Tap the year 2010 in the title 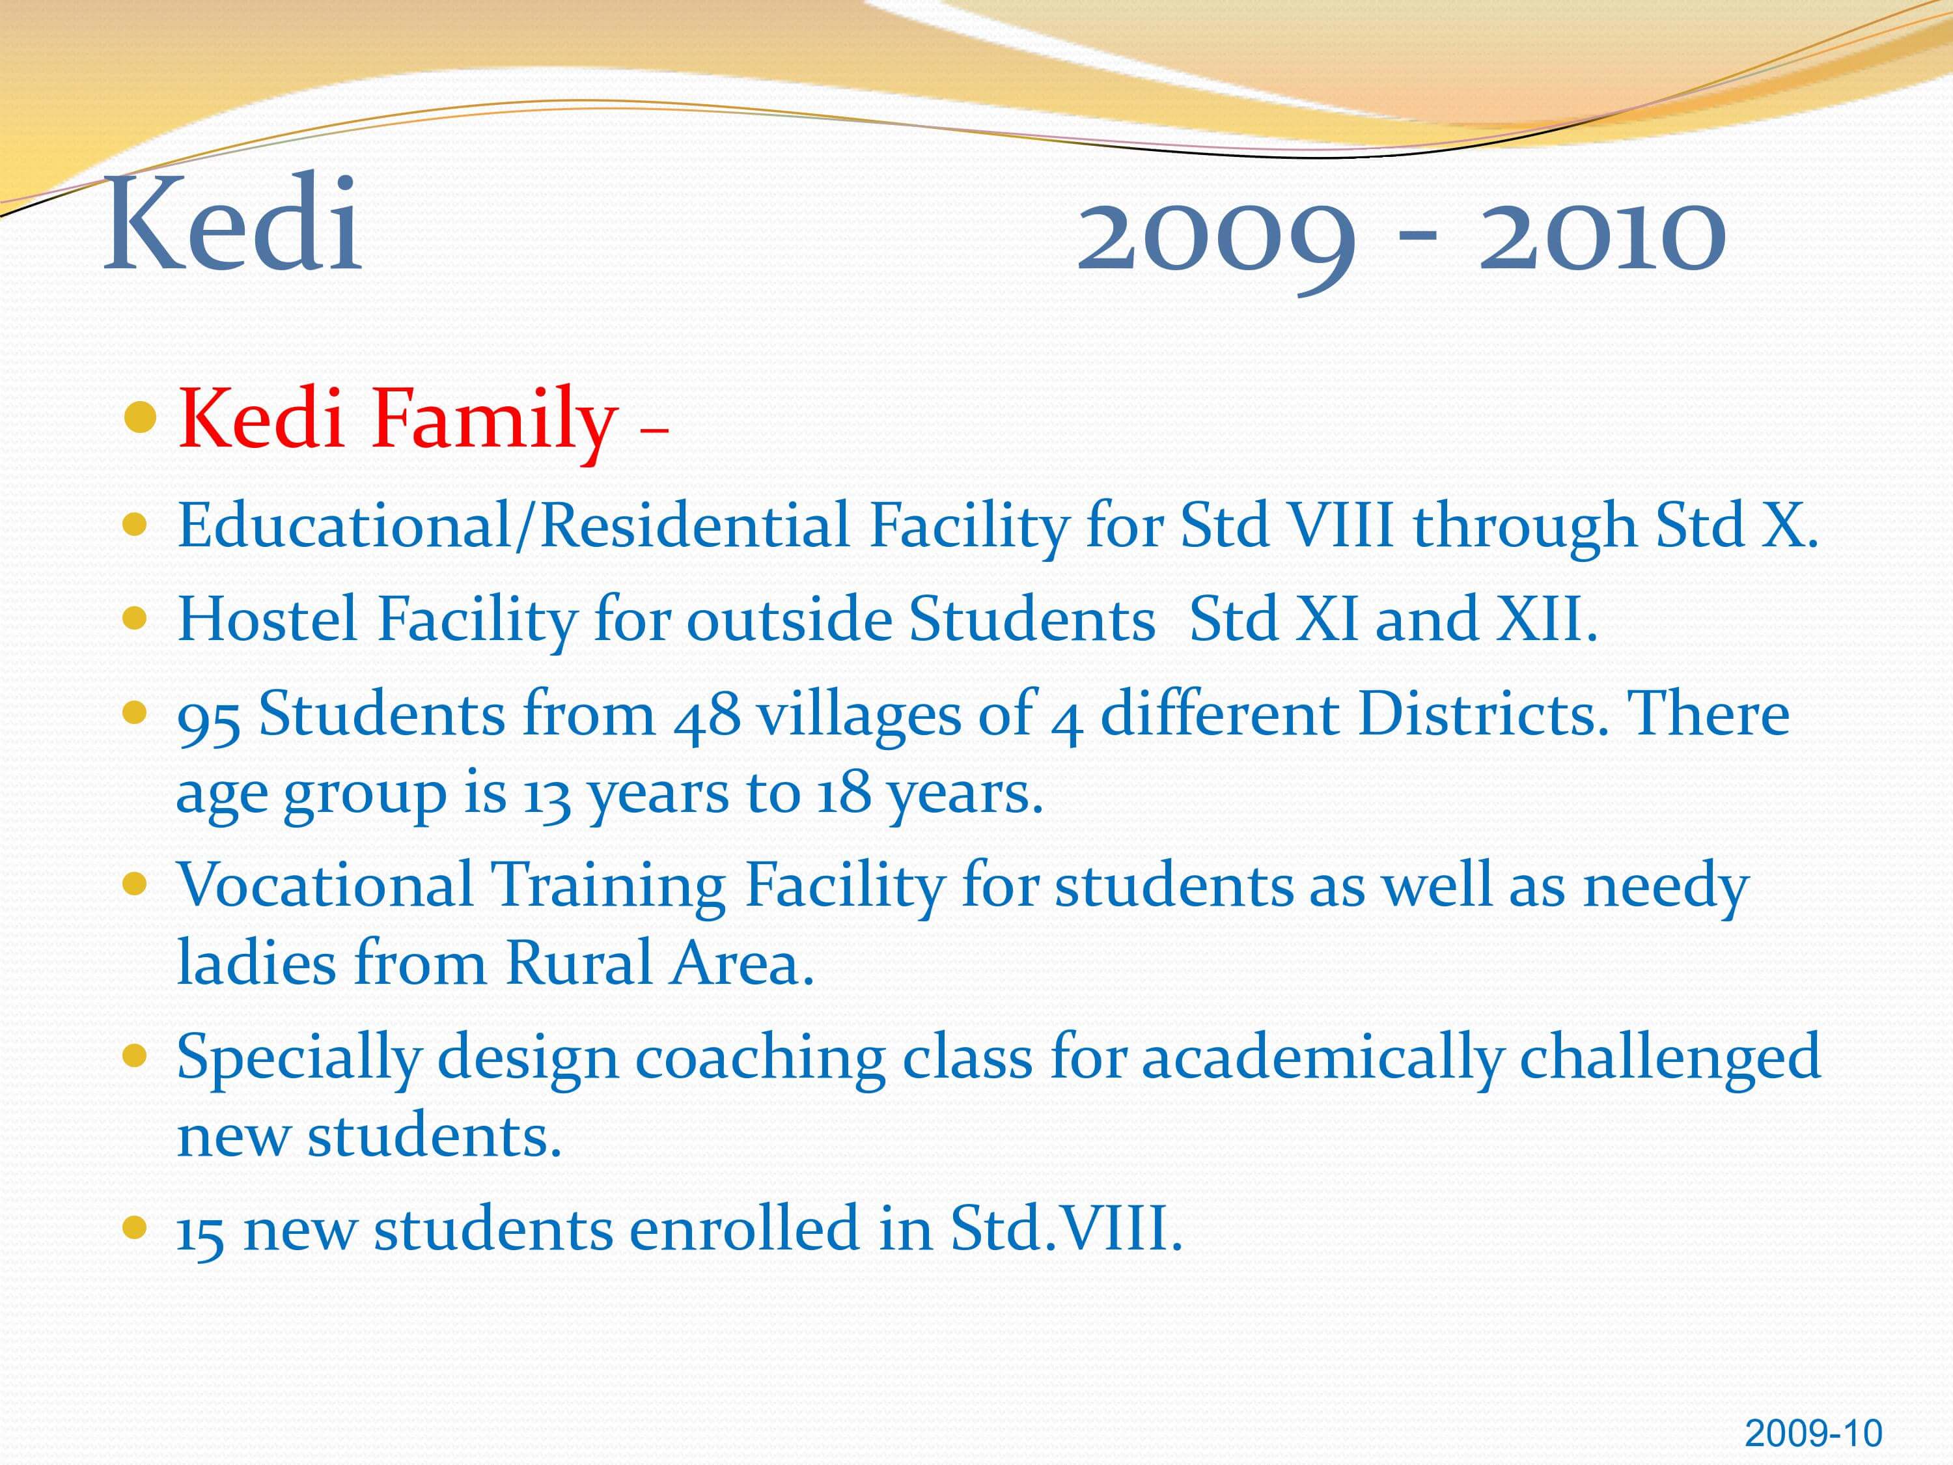[1603, 234]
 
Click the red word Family [493, 422]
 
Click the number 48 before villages [707, 716]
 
